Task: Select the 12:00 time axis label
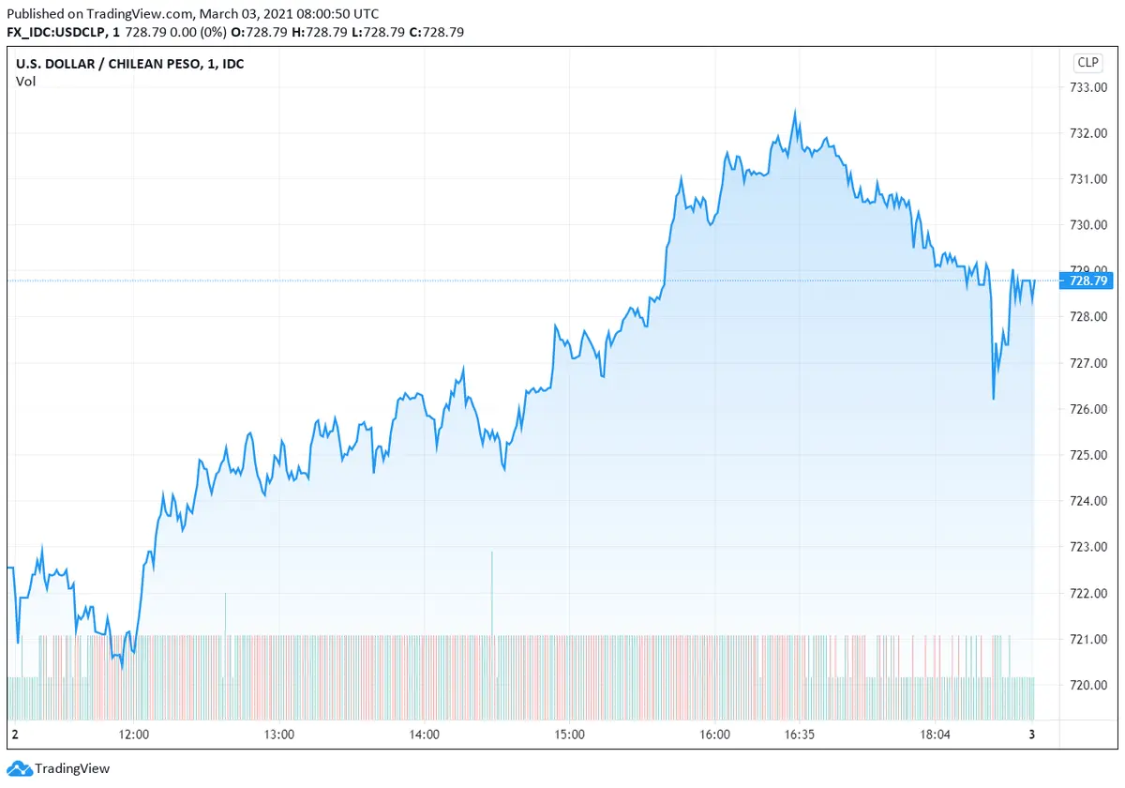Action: point(135,735)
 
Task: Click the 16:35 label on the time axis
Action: point(800,735)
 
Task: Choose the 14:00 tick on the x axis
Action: point(425,735)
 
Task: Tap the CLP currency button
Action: point(1087,63)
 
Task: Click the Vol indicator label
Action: point(25,82)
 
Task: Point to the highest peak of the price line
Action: point(795,113)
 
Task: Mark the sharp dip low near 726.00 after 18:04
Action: point(993,398)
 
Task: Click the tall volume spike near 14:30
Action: point(491,591)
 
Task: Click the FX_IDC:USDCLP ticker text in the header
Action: point(57,32)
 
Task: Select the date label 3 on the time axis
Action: point(1031,735)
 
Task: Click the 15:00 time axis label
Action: point(570,735)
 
